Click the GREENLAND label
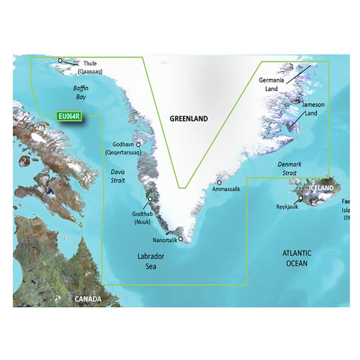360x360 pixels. [x=189, y=119]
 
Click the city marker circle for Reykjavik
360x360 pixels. [x=301, y=198]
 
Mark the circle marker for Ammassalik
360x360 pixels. [x=219, y=182]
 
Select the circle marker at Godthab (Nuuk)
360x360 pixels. [x=150, y=199]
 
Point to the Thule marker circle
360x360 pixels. [x=60, y=60]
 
